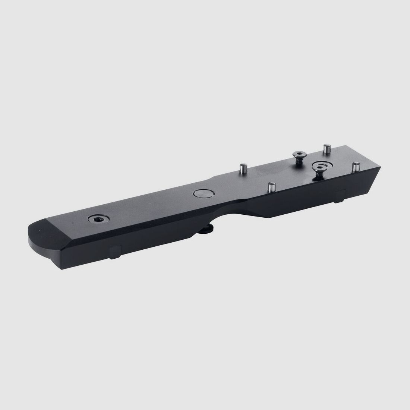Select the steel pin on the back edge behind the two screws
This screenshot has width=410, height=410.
327,148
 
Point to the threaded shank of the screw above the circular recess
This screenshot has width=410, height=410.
319,174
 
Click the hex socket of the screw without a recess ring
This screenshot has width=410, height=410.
298,153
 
